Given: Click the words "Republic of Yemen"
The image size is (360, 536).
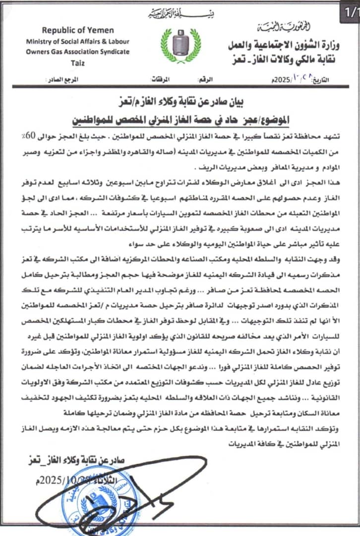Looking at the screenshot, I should coord(78,31).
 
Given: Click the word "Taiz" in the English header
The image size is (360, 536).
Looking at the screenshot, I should coord(78,61).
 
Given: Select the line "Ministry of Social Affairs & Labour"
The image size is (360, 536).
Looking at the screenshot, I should coord(78,41).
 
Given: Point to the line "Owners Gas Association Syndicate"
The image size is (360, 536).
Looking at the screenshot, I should coord(78,51).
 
